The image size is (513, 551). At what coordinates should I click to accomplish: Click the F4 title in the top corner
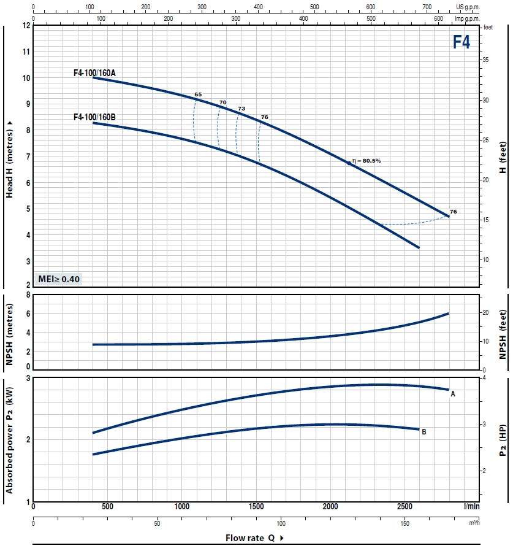pos(462,42)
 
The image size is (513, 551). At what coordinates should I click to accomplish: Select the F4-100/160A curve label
pos(94,72)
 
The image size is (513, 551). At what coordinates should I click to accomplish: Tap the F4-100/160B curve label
pos(94,117)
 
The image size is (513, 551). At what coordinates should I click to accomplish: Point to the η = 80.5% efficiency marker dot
pos(349,164)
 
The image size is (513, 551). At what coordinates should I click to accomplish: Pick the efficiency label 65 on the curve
pos(198,94)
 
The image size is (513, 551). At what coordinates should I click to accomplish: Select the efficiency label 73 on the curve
pos(241,108)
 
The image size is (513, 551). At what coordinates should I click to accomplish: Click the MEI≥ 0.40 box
pos(58,279)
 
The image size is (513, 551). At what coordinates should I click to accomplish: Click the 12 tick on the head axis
pos(26,26)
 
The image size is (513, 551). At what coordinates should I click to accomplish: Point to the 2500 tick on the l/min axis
pos(404,507)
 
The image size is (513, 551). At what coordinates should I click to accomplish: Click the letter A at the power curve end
pos(453,393)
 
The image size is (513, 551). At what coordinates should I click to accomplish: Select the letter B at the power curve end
pos(424,432)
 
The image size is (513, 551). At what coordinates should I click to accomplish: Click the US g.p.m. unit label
pos(468,7)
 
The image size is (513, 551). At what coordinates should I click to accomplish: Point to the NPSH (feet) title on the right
pos(503,334)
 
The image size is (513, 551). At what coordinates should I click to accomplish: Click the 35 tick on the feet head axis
pos(485,60)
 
